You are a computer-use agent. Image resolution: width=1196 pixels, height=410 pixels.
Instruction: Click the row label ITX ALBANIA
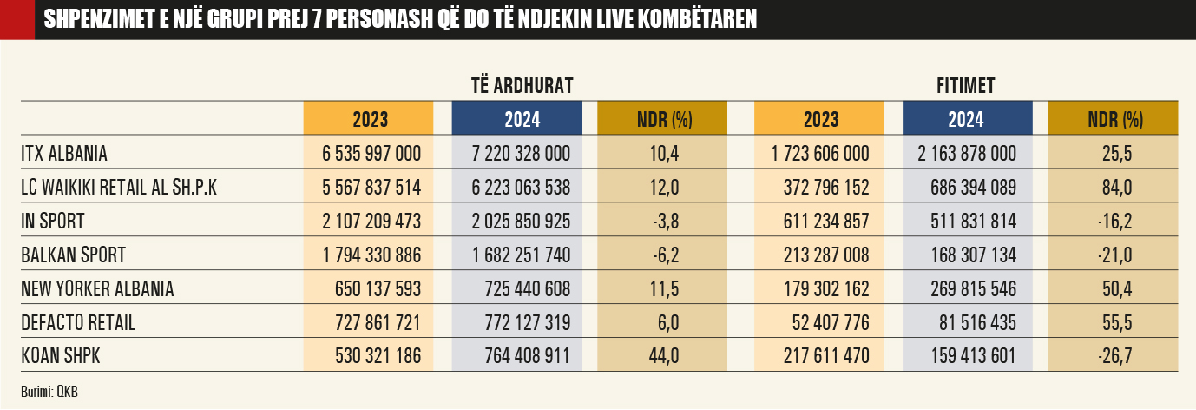click(x=64, y=154)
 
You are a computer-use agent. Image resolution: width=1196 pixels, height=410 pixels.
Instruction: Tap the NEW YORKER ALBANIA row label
click(x=97, y=289)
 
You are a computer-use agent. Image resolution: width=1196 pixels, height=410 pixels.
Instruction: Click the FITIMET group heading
click(x=965, y=85)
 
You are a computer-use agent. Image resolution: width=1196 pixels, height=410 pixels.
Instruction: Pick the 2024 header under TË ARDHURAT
click(x=522, y=119)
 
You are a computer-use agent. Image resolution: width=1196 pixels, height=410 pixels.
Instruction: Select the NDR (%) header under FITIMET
click(x=1115, y=119)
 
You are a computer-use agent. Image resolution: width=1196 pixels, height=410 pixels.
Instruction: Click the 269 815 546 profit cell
click(x=968, y=289)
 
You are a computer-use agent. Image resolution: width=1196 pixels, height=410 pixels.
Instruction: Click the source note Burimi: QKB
click(x=49, y=391)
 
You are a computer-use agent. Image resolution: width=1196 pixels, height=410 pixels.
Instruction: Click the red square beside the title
click(x=16, y=19)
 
